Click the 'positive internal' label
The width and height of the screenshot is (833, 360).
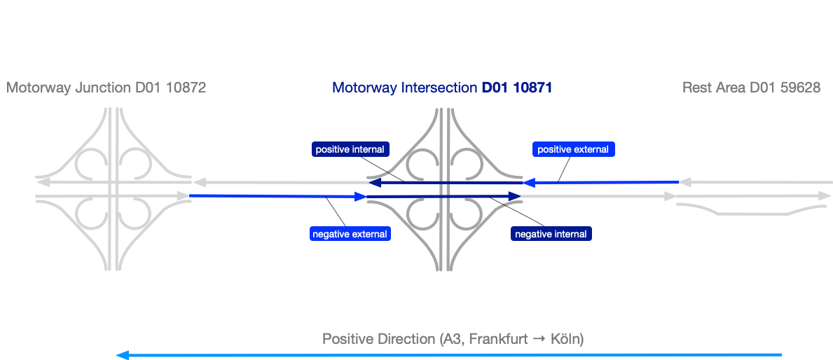(350, 149)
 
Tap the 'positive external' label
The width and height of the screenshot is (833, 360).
(573, 149)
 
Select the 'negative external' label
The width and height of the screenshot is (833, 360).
(350, 234)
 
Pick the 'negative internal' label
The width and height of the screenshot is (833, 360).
(551, 234)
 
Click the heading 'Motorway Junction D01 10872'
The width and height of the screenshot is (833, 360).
(106, 88)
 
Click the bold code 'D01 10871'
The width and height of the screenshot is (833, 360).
(517, 88)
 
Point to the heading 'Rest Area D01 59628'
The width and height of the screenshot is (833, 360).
(751, 88)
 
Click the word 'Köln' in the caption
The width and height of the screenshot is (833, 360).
(567, 339)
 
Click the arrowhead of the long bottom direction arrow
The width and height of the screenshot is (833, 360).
(121, 355)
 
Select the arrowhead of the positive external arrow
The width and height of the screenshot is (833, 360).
(530, 183)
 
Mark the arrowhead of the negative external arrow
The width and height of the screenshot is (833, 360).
(361, 197)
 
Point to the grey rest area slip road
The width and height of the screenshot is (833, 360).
(743, 208)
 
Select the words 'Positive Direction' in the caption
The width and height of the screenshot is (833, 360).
(378, 339)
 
